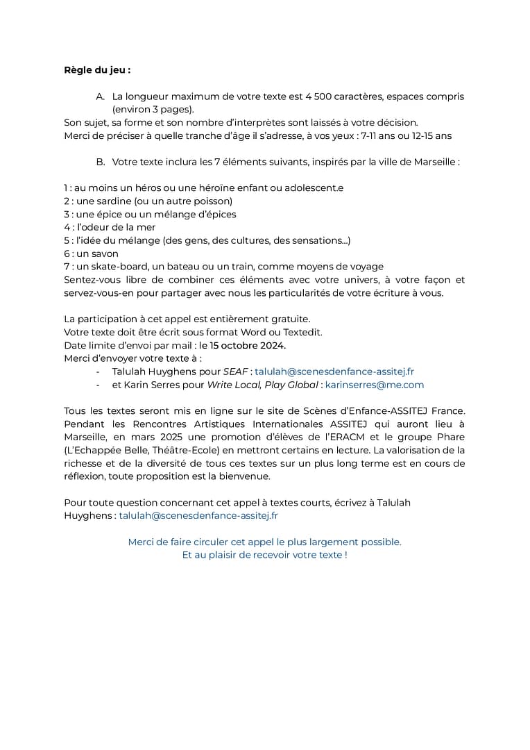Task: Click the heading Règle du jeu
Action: click(97, 70)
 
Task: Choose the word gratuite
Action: click(290, 319)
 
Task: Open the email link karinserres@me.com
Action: click(375, 385)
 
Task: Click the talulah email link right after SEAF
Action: click(334, 372)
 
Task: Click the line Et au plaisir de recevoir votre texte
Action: click(264, 556)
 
